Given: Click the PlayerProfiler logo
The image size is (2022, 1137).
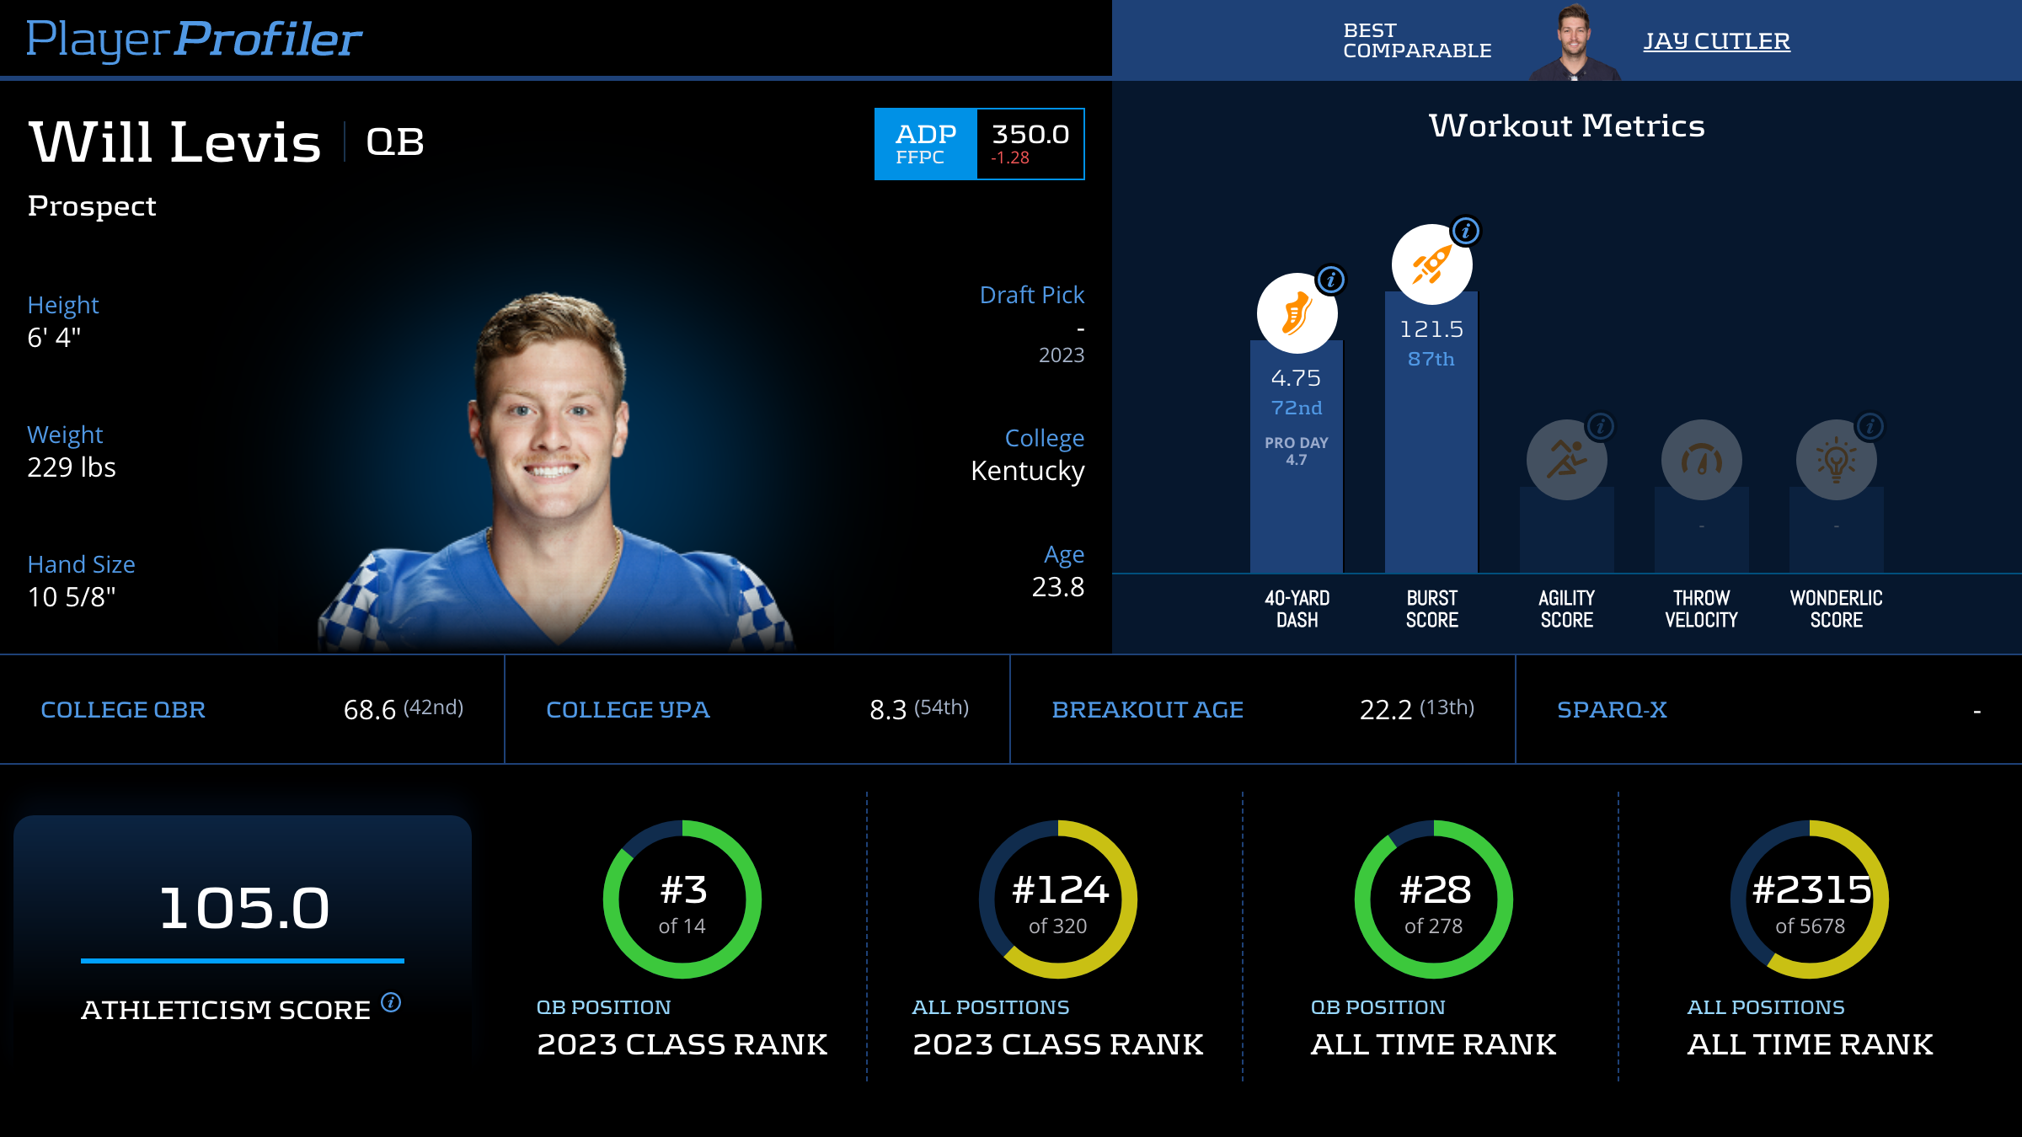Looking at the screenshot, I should (x=194, y=40).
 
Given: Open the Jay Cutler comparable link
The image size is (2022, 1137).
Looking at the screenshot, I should (x=1716, y=40).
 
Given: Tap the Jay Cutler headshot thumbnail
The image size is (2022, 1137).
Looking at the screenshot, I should (x=1574, y=42).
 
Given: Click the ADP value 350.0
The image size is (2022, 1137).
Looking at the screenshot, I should (x=1030, y=135).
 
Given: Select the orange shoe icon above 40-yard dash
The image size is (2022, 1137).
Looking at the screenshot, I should (x=1297, y=313).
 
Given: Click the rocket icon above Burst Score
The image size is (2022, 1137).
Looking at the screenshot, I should (x=1431, y=264).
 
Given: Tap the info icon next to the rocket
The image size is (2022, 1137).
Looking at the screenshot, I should (x=1466, y=231).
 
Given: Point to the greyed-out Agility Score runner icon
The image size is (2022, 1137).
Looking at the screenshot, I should (x=1566, y=460).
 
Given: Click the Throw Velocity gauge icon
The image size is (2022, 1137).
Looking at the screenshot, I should (x=1701, y=460).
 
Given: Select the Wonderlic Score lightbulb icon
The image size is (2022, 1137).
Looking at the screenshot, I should (x=1836, y=460).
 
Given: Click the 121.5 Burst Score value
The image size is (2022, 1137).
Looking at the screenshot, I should (x=1431, y=329).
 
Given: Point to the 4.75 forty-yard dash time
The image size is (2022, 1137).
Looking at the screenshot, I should (x=1296, y=378).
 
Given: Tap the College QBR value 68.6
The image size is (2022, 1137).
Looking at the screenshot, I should (x=370, y=710).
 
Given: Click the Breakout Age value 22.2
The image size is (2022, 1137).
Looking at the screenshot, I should (x=1386, y=710).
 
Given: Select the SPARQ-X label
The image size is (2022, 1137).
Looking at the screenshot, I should (x=1612, y=710).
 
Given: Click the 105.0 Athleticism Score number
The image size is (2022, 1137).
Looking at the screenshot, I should (x=243, y=908).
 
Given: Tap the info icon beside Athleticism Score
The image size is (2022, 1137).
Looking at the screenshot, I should (x=391, y=1002).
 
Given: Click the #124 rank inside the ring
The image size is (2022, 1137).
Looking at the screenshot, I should (x=1060, y=890).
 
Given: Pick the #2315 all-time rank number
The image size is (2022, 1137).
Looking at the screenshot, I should (x=1811, y=890).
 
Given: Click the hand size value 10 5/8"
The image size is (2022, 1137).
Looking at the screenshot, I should (x=72, y=597).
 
